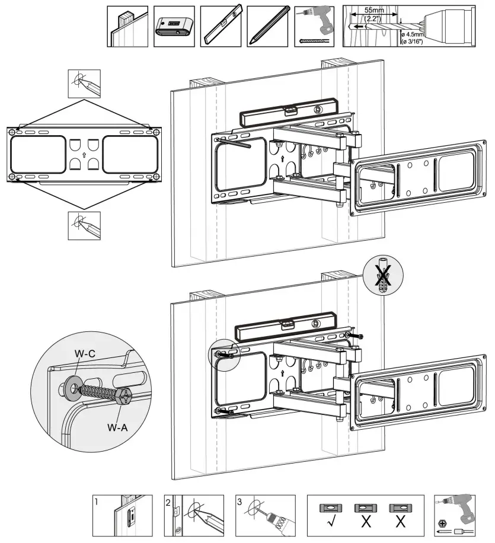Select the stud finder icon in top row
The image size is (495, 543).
click(174, 26)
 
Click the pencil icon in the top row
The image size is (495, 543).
click(267, 26)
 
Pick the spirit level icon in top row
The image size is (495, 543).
click(221, 26)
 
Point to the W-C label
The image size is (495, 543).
click(85, 354)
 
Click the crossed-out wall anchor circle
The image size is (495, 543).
click(382, 277)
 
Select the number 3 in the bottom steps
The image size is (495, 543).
click(239, 502)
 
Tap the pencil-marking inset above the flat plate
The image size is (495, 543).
click(84, 84)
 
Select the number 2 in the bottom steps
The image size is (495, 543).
click(168, 502)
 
